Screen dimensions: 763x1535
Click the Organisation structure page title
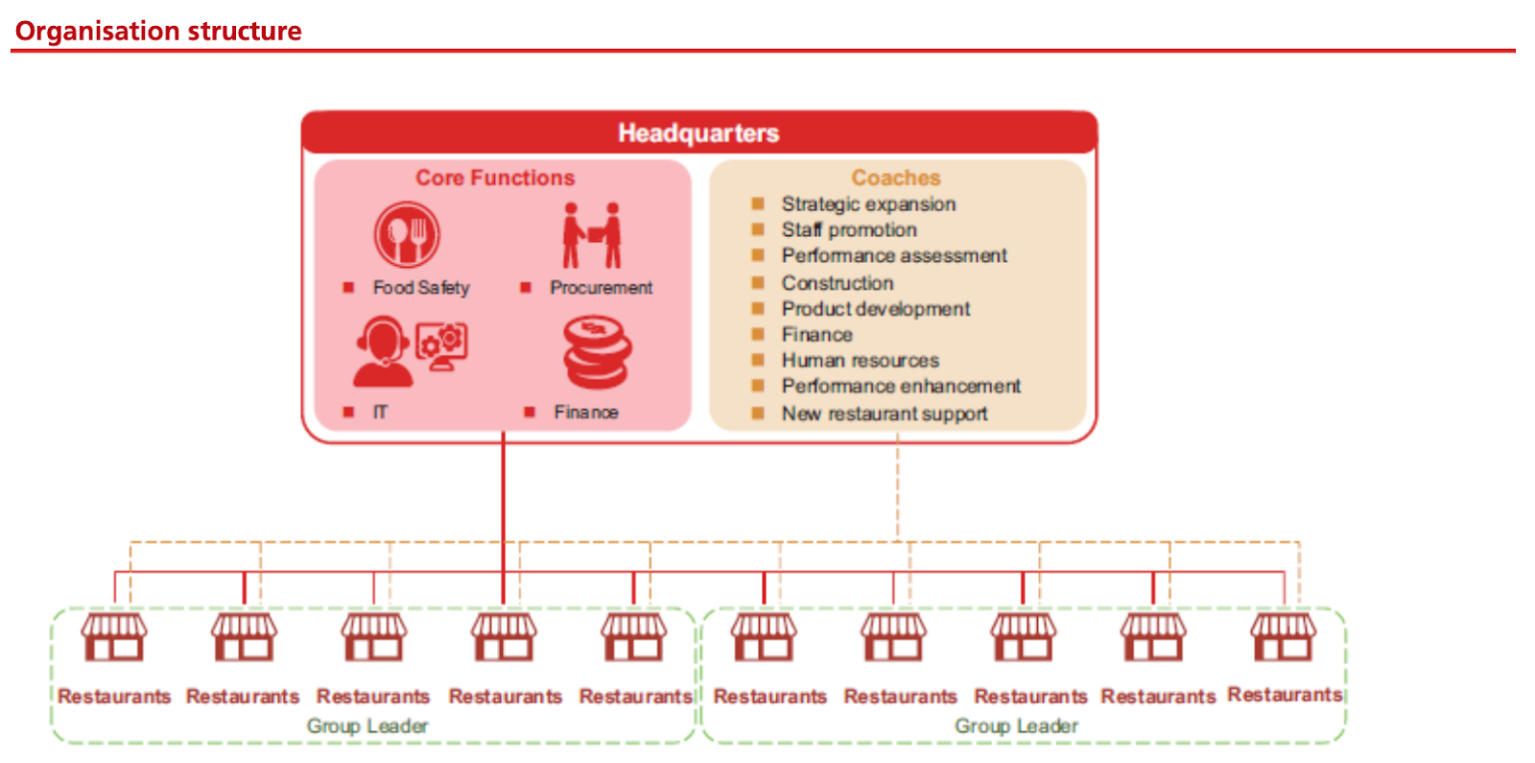click(x=158, y=32)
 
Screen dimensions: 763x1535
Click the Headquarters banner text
click(x=698, y=132)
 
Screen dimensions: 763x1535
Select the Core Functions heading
click(x=495, y=178)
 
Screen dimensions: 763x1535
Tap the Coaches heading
click(x=896, y=178)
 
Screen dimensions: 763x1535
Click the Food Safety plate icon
click(x=407, y=234)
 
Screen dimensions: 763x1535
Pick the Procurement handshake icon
click(x=592, y=235)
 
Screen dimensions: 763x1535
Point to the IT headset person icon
click(x=384, y=351)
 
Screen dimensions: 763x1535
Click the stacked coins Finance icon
click(x=597, y=352)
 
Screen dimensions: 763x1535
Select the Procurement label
click(x=601, y=287)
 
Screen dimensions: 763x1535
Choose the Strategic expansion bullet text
click(x=868, y=203)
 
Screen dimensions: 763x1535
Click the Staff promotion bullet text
click(x=849, y=229)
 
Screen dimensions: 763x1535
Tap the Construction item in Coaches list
click(x=838, y=283)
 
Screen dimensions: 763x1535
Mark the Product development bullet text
click(x=875, y=309)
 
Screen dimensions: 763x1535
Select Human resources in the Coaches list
click(x=860, y=361)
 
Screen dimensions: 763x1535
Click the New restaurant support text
click(x=884, y=414)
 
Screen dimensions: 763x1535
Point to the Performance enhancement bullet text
click(x=901, y=386)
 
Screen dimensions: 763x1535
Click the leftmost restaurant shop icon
click(x=114, y=637)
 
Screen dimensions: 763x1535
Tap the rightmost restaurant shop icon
click(x=1284, y=637)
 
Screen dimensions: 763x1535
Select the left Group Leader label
click(x=367, y=726)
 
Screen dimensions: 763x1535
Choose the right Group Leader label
click(x=1016, y=726)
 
